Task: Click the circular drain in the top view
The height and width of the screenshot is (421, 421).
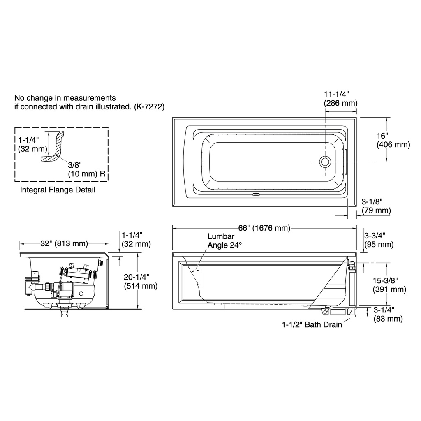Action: pyautogui.click(x=325, y=162)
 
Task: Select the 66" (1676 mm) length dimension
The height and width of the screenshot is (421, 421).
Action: pyautogui.click(x=264, y=228)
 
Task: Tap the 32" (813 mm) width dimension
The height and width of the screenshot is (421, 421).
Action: pyautogui.click(x=64, y=243)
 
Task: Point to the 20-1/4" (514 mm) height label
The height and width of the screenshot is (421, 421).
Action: pyautogui.click(x=141, y=281)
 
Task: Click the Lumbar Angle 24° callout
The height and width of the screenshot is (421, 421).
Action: pyautogui.click(x=224, y=241)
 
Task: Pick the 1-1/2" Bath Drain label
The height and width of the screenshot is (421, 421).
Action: pyautogui.click(x=312, y=325)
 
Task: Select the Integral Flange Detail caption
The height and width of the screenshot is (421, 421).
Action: pyautogui.click(x=58, y=190)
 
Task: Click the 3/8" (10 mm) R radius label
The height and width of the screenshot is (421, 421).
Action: pyautogui.click(x=86, y=169)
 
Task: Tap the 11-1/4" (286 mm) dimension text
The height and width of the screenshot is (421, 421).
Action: pyautogui.click(x=340, y=99)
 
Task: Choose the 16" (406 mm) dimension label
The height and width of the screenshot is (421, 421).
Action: pyautogui.click(x=393, y=140)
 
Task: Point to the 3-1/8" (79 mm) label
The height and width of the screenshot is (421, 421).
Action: pyautogui.click(x=376, y=206)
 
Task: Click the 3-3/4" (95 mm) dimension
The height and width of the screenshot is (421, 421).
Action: pyautogui.click(x=379, y=240)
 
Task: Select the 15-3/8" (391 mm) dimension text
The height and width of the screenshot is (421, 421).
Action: pyautogui.click(x=389, y=285)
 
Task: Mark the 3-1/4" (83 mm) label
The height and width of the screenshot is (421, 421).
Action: pyautogui.click(x=388, y=314)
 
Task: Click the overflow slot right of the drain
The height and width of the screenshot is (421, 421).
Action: pyautogui.click(x=346, y=162)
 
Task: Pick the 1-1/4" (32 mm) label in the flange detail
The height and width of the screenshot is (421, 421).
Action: pyautogui.click(x=32, y=144)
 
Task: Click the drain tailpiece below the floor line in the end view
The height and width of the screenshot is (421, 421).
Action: pyautogui.click(x=64, y=313)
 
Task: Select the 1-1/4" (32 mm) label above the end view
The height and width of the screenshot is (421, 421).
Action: pyautogui.click(x=136, y=240)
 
